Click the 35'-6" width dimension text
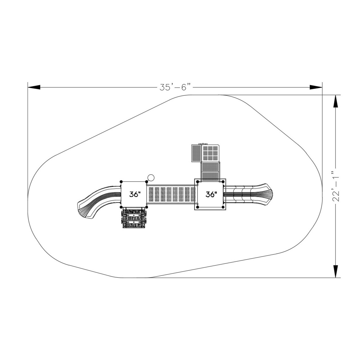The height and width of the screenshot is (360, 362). pyautogui.click(x=175, y=88)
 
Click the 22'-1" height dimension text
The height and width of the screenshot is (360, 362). pyautogui.click(x=335, y=186)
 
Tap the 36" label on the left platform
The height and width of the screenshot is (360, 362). pyautogui.click(x=135, y=195)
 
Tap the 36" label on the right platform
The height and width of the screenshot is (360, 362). pyautogui.click(x=211, y=195)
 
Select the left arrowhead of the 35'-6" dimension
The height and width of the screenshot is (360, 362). pyautogui.click(x=34, y=87)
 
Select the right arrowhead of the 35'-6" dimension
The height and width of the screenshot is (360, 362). pyautogui.click(x=316, y=87)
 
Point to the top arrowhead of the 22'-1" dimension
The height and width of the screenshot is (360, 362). pyautogui.click(x=335, y=101)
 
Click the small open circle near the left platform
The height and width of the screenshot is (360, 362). pyautogui.click(x=151, y=177)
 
